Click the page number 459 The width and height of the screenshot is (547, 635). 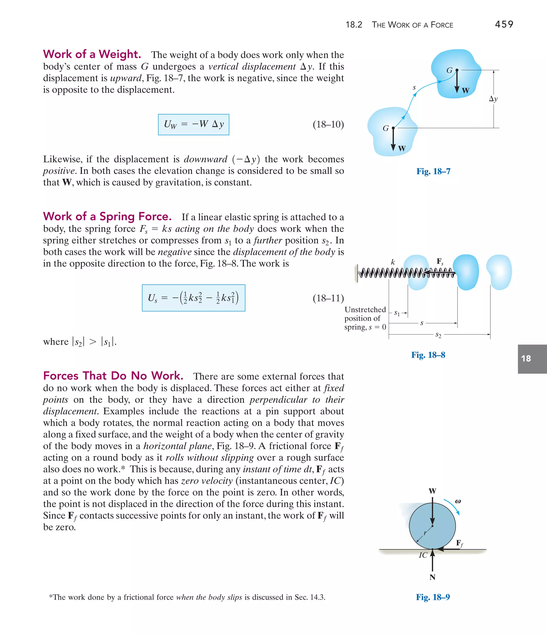click(x=504, y=24)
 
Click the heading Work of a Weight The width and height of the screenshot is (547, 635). click(x=92, y=54)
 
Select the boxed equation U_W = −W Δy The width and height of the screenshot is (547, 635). click(x=193, y=124)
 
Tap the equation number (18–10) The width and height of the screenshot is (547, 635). click(x=328, y=124)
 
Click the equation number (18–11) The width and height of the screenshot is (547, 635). click(x=328, y=298)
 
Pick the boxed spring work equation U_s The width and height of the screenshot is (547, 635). click(x=193, y=298)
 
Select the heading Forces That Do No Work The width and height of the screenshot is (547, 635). click(x=113, y=376)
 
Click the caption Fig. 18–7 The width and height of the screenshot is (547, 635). click(x=433, y=171)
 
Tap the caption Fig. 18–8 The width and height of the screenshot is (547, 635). click(x=428, y=355)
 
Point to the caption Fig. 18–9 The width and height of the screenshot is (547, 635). click(x=433, y=597)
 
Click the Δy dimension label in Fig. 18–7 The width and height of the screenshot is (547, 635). click(x=493, y=99)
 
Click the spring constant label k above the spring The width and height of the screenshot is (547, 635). click(x=393, y=262)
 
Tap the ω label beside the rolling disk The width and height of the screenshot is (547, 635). click(x=458, y=501)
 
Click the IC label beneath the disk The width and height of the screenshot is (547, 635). click(x=423, y=555)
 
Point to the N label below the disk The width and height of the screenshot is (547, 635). click(x=432, y=577)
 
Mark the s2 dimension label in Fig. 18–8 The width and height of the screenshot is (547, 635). click(x=438, y=335)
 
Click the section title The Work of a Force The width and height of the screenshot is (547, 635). click(x=412, y=25)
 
